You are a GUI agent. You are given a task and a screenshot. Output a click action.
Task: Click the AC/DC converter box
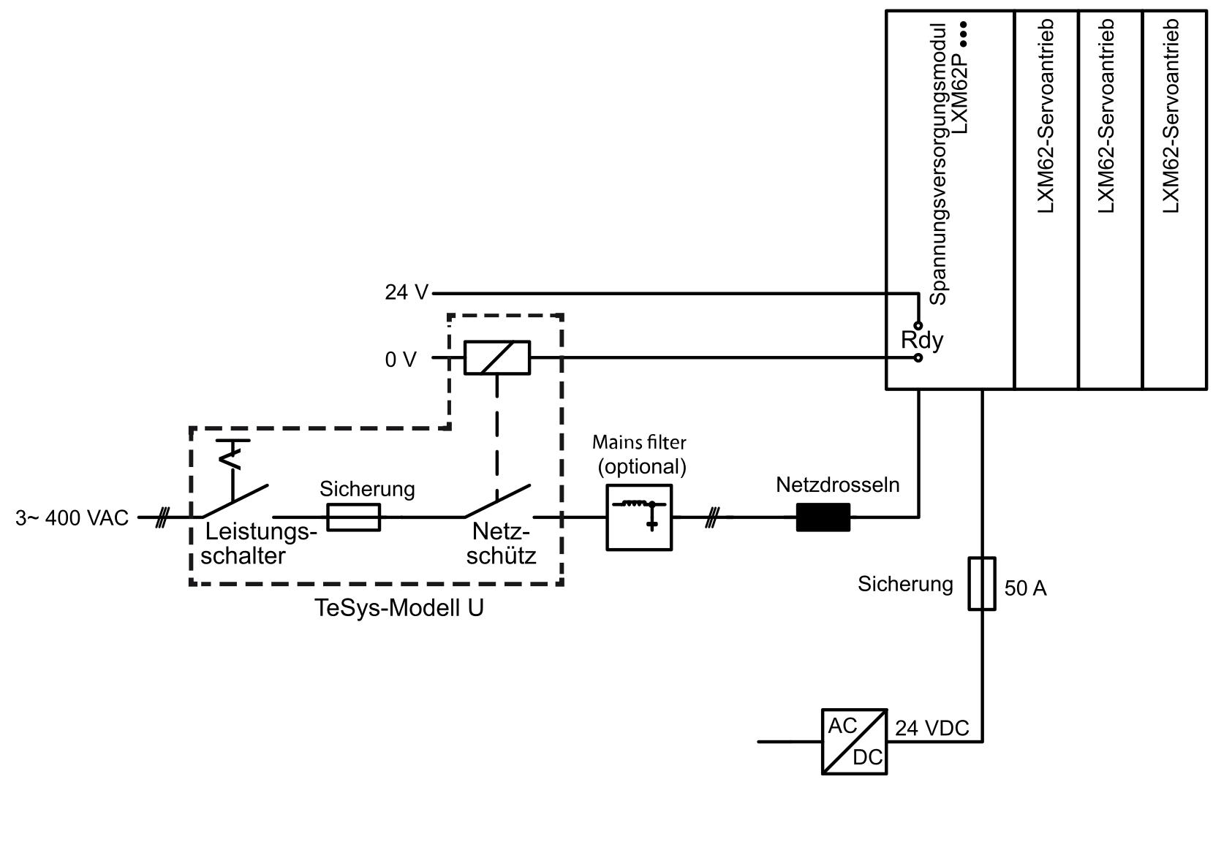pyautogui.click(x=854, y=742)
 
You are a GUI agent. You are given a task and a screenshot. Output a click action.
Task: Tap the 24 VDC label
pyautogui.click(x=932, y=729)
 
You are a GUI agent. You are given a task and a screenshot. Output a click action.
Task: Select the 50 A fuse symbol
pyautogui.click(x=982, y=583)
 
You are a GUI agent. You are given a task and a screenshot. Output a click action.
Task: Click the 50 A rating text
pyautogui.click(x=1025, y=588)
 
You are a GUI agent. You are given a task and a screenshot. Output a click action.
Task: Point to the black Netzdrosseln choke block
pyautogui.click(x=823, y=517)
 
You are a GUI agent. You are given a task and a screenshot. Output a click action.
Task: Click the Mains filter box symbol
pyautogui.click(x=639, y=517)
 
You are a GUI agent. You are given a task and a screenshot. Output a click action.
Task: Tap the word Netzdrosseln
pyautogui.click(x=838, y=485)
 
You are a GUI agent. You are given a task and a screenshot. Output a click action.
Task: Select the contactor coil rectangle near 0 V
pyautogui.click(x=497, y=357)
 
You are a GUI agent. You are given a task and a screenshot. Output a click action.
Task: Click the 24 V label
pyautogui.click(x=407, y=292)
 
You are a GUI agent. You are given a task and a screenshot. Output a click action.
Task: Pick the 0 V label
pyautogui.click(x=401, y=360)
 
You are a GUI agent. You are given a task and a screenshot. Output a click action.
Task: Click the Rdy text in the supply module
pyautogui.click(x=922, y=341)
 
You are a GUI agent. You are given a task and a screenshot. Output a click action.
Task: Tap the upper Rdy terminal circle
pyautogui.click(x=918, y=326)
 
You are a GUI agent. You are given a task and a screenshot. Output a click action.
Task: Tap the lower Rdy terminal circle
pyautogui.click(x=918, y=358)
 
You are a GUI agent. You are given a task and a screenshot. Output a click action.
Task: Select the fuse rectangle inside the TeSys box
pyautogui.click(x=354, y=517)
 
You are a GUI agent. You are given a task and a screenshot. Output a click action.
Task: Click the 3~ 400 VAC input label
pyautogui.click(x=72, y=518)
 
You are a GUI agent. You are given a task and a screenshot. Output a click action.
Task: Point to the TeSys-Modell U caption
pyautogui.click(x=399, y=607)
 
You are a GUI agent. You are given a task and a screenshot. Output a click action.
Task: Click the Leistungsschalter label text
pyautogui.click(x=259, y=544)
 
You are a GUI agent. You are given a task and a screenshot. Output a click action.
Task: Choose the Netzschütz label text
pyautogui.click(x=501, y=544)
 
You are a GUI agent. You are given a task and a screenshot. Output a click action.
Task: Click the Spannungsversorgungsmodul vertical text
pyautogui.click(x=938, y=164)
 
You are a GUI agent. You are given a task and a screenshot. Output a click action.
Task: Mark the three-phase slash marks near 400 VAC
pyautogui.click(x=162, y=517)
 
